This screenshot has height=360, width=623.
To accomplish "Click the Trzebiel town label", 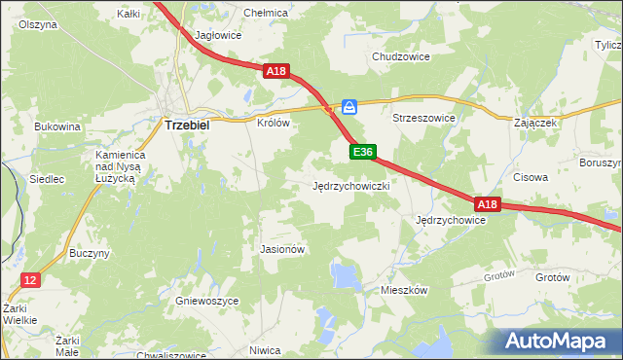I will coord(190,126).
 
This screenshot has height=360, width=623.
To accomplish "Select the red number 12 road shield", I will coord(31,280).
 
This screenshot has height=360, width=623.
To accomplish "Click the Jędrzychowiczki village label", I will coord(351,185).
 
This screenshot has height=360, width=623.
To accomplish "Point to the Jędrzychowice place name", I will coord(450,221).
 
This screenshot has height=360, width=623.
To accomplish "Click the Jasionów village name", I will coord(283,249).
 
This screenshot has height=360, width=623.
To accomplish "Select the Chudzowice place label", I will coord(401,56).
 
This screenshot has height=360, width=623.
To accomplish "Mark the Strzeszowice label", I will coord(423,118).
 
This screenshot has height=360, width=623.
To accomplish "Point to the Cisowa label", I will coord(531,178).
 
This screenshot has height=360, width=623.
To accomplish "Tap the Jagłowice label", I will coord(218,35).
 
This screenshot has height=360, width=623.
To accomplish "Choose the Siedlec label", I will coord(47,180).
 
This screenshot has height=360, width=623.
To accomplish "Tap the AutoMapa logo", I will coord(559,341).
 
